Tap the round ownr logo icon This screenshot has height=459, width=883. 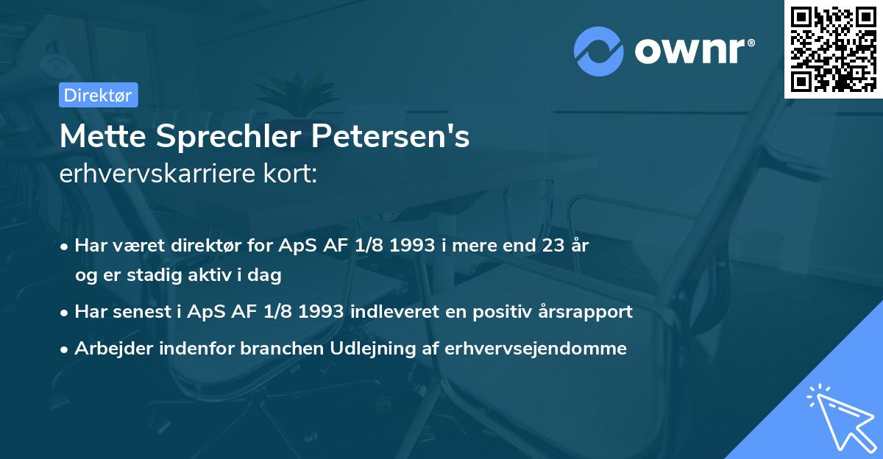(x=598, y=51)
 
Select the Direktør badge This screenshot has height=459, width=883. (x=98, y=95)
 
